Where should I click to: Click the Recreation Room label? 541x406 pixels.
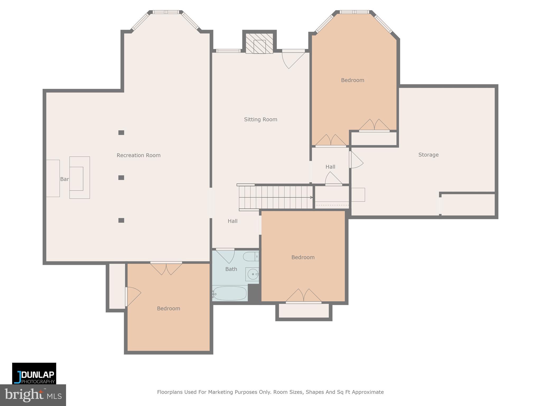(x=138, y=155)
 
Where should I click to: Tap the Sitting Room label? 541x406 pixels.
(x=260, y=119)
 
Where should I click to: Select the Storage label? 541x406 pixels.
(x=428, y=155)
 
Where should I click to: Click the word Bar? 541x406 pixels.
(x=64, y=179)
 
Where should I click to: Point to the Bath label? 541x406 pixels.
(x=231, y=269)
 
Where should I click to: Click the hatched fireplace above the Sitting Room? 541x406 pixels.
(x=259, y=44)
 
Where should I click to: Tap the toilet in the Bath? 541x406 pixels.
(x=250, y=256)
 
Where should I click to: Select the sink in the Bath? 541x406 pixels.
(x=253, y=274)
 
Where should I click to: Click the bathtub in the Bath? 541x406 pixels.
(x=230, y=293)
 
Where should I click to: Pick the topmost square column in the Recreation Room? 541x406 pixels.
(x=121, y=133)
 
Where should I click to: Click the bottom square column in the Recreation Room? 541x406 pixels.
(x=121, y=220)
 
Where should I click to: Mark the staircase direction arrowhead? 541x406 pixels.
(x=311, y=197)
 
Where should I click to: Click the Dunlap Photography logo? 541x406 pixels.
(x=34, y=373)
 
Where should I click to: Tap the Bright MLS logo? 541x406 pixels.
(x=33, y=395)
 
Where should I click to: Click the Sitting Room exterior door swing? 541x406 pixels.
(x=292, y=60)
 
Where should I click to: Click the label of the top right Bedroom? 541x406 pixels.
(x=352, y=80)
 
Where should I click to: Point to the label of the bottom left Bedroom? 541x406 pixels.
(x=168, y=308)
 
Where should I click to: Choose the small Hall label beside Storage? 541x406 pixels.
(x=330, y=167)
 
